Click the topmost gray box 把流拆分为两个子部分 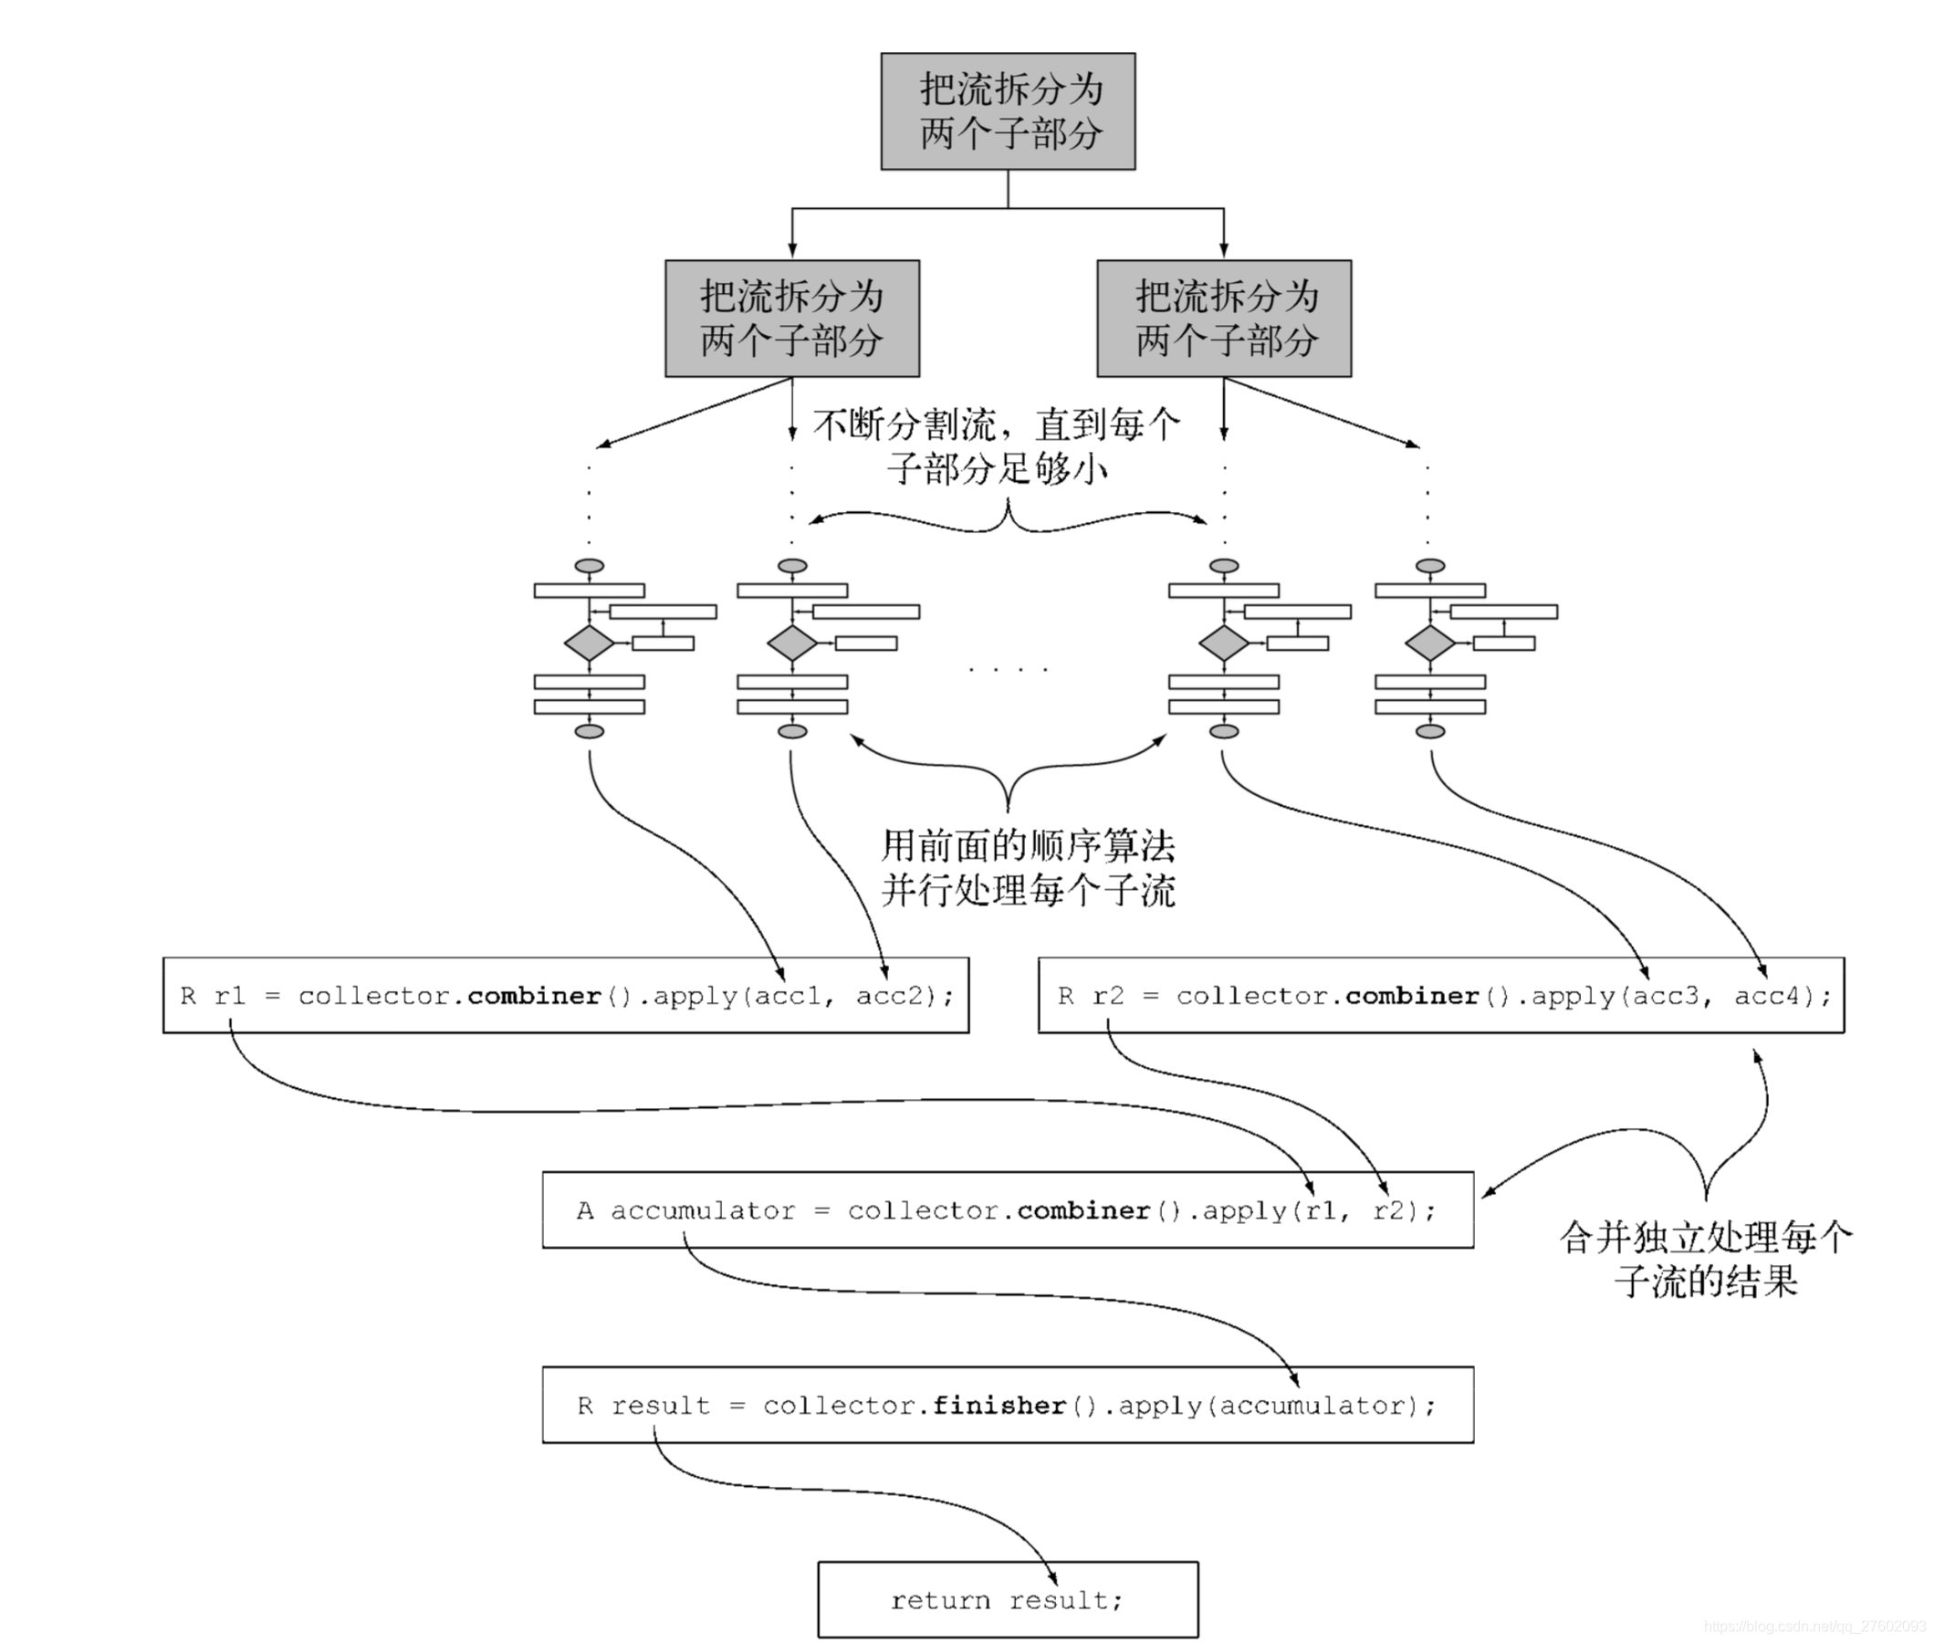1008,110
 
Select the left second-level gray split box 791,318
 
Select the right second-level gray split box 1224,318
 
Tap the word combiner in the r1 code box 535,996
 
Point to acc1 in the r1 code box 787,996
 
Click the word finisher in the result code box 999,1405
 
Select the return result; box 1008,1600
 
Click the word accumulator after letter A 703,1210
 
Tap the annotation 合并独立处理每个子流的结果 1706,1260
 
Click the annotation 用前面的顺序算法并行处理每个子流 1028,868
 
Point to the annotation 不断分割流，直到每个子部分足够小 997,446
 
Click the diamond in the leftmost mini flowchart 589,643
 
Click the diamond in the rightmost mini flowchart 1429,643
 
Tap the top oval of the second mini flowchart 791,565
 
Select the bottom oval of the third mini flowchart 1224,731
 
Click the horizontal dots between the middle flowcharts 1008,669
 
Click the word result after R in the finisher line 660,1405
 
